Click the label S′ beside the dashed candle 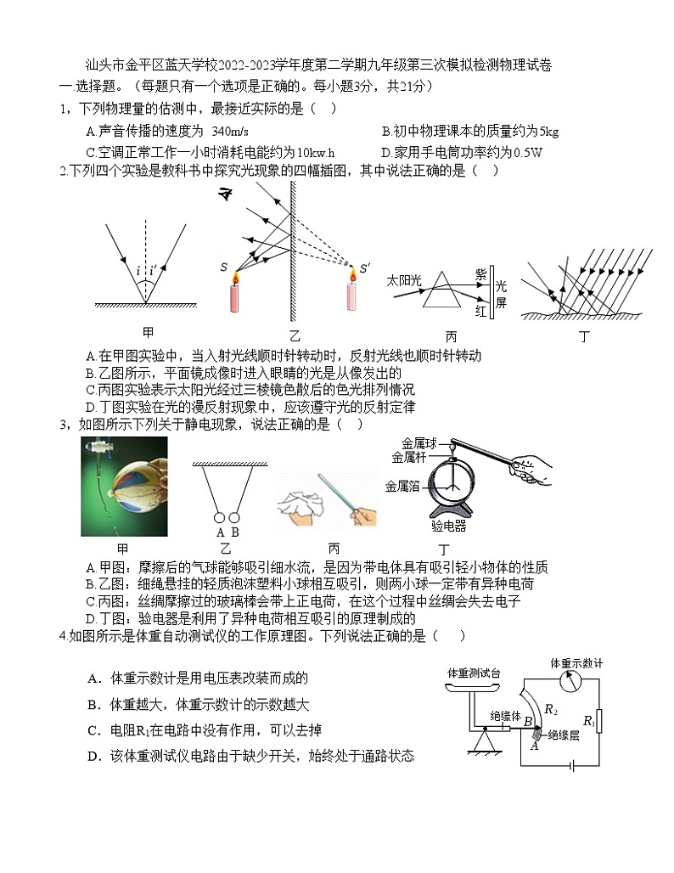click(x=365, y=269)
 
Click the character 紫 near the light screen click(x=480, y=273)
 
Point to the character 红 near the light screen click(x=480, y=312)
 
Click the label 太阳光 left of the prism click(x=404, y=279)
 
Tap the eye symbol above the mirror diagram click(x=226, y=197)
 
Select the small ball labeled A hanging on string click(x=220, y=517)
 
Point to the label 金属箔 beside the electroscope click(x=402, y=486)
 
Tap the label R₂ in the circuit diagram click(x=550, y=708)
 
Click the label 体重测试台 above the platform click(x=473, y=673)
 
